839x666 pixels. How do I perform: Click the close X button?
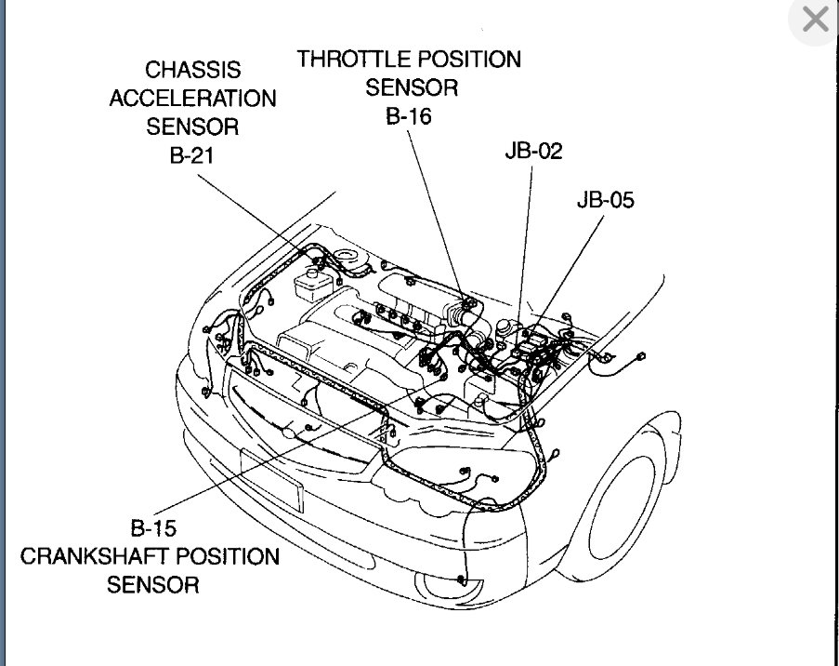[x=814, y=21]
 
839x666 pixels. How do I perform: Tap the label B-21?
[x=191, y=155]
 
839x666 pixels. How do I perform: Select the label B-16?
[x=409, y=116]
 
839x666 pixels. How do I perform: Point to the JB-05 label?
[x=605, y=199]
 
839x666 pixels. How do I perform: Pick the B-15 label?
[x=153, y=528]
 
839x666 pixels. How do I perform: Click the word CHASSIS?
[x=193, y=70]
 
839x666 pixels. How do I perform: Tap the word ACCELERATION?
[x=192, y=99]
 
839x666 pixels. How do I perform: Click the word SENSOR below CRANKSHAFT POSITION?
[x=152, y=585]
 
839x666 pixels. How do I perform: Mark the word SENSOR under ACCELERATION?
[x=192, y=127]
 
